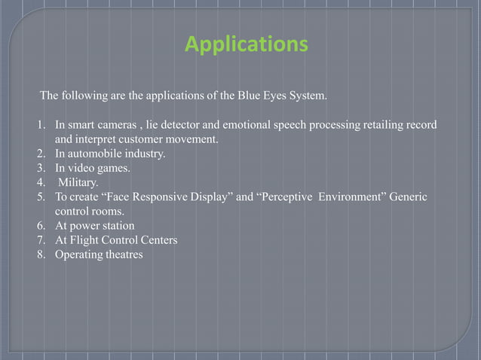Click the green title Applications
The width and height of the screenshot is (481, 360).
pos(247,45)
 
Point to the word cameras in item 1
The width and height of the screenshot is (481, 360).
pos(109,125)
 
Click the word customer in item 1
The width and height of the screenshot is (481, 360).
pos(153,139)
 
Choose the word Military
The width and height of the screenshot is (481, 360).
pos(78,182)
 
